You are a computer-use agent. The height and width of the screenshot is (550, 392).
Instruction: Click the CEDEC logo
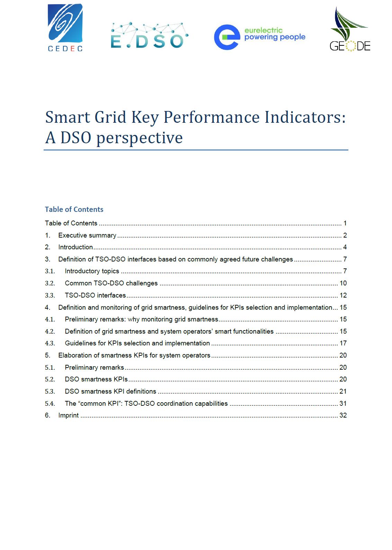[65, 28]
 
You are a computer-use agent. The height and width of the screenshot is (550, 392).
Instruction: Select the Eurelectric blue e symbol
[227, 37]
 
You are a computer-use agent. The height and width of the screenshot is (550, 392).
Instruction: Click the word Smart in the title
[68, 117]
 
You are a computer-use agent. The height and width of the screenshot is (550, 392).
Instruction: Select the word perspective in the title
[139, 138]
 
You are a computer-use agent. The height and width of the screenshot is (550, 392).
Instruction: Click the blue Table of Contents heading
[74, 209]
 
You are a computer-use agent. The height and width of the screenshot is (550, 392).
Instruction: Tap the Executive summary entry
[87, 235]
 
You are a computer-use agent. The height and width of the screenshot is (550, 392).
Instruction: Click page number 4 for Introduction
[345, 247]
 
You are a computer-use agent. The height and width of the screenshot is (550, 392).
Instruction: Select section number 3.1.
[50, 271]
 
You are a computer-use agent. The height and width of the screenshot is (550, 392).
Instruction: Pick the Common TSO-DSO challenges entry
[111, 283]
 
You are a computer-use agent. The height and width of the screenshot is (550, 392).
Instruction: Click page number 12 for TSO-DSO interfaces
[343, 295]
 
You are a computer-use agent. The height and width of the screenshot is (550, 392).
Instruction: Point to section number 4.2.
[50, 332]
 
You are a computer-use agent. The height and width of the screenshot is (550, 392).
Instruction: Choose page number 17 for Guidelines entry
[343, 343]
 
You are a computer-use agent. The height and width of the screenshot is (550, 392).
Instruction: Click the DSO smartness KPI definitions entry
[110, 392]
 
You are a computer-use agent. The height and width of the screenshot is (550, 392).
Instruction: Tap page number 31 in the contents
[343, 404]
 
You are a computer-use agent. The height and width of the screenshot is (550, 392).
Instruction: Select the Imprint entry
[69, 415]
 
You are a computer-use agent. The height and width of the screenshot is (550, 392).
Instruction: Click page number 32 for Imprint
[343, 415]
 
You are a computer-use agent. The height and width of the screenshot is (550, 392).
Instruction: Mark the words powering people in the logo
[275, 37]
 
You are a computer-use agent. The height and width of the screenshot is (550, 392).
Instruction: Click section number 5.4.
[50, 404]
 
